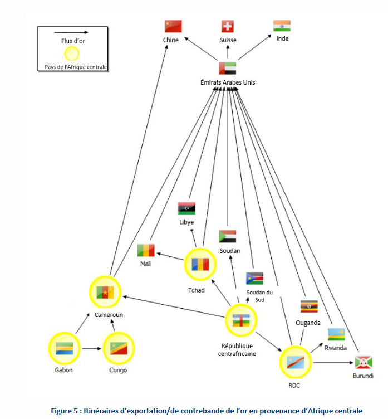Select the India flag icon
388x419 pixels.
pos(282,26)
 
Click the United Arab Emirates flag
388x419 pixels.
pos(227,68)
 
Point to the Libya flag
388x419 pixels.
pos(186,208)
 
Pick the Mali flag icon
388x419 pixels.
pos(146,250)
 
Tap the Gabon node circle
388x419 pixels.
pos(64,349)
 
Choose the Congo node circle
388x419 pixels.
pos(118,349)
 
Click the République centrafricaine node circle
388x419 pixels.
pos(241,320)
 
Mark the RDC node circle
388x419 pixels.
pos(295,363)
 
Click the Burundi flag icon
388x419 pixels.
pos(364,362)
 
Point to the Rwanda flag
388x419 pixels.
pos(336,334)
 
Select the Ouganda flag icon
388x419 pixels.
pos(309,307)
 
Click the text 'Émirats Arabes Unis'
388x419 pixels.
pos(228,82)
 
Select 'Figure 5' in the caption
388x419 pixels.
pos(66,411)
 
